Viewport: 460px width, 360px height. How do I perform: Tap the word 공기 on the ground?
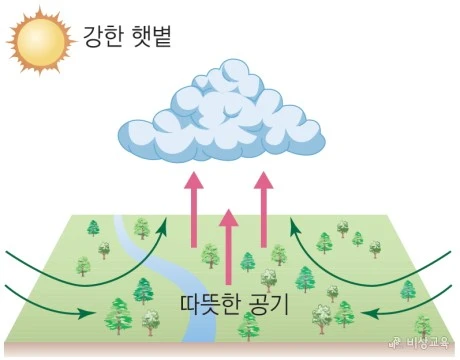266,303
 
